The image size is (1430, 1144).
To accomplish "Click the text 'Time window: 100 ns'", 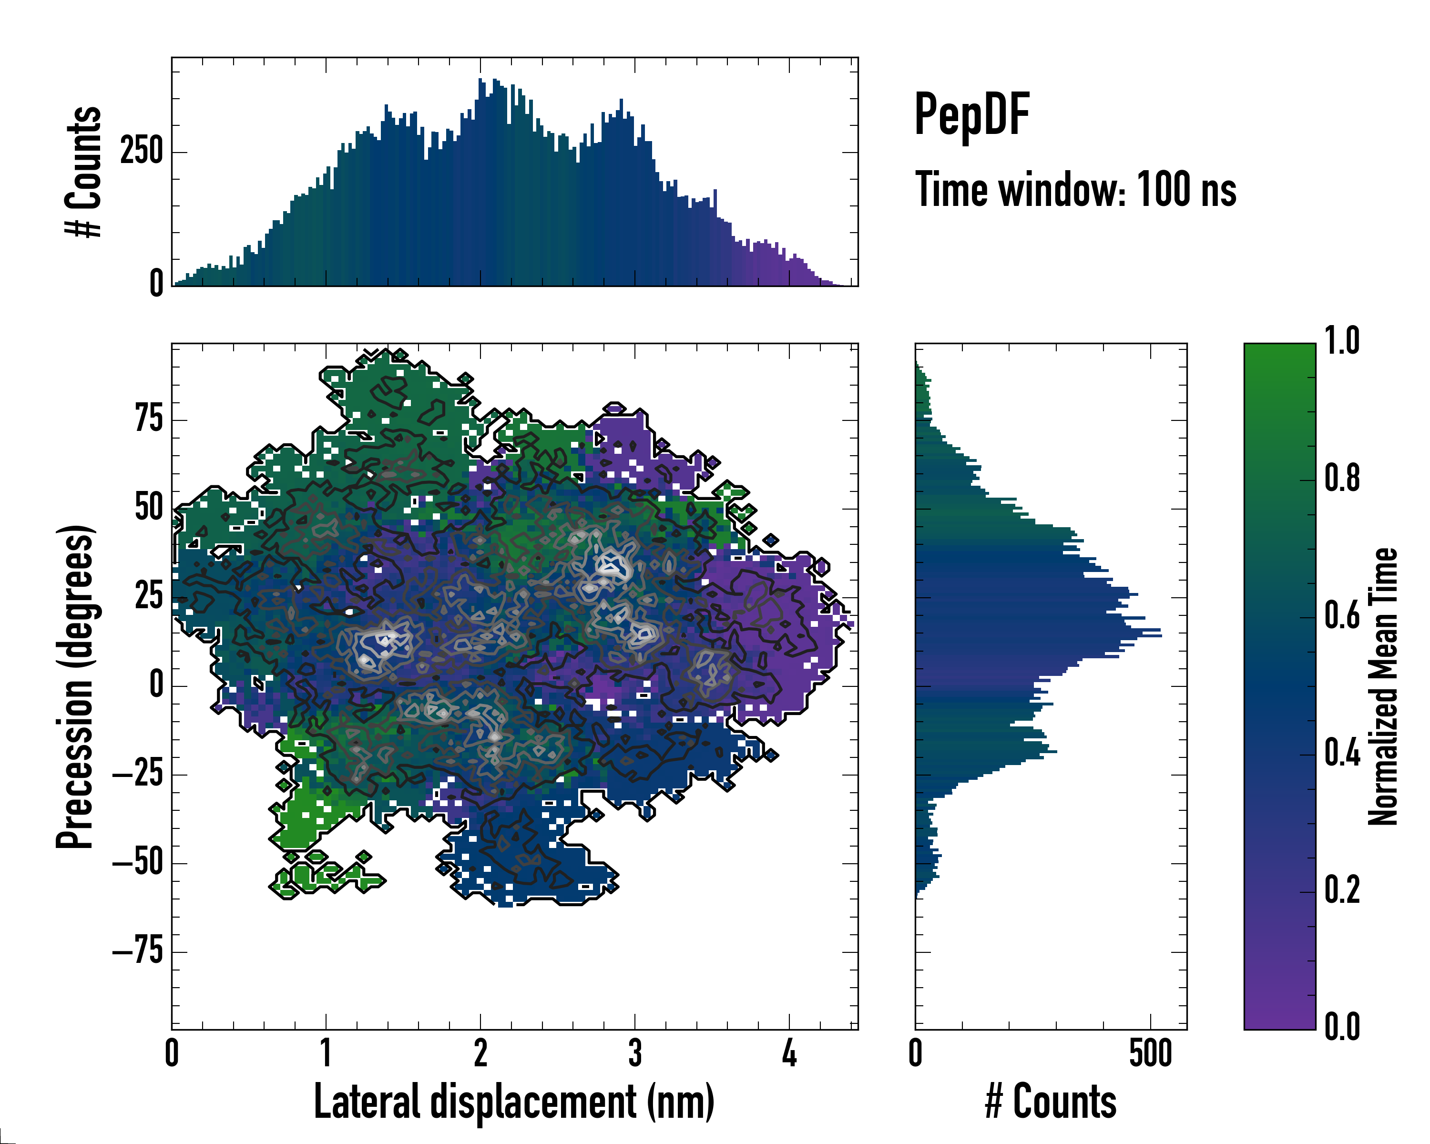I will (1075, 190).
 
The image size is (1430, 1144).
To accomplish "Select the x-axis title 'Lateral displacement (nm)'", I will (514, 1102).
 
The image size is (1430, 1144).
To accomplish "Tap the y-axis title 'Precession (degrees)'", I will (74, 686).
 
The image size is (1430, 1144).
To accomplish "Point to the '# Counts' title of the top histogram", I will (83, 171).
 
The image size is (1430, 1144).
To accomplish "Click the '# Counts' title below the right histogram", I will (1051, 1102).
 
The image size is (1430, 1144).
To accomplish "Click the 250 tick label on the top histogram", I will (141, 152).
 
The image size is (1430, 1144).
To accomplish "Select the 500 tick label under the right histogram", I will (1151, 1054).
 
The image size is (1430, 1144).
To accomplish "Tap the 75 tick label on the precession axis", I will (149, 420).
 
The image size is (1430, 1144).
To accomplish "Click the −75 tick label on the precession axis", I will (137, 952).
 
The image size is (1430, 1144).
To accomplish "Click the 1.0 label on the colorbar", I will (1342, 342).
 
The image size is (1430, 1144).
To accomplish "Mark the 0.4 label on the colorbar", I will (1342, 754).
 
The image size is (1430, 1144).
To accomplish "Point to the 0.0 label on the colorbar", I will (1342, 1027).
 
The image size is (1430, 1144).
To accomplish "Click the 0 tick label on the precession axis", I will (156, 685).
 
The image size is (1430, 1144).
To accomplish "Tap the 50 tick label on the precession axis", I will (149, 509).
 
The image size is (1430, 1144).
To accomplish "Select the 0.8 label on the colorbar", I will (1342, 479).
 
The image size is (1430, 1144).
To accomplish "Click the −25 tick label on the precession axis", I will (137, 775).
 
